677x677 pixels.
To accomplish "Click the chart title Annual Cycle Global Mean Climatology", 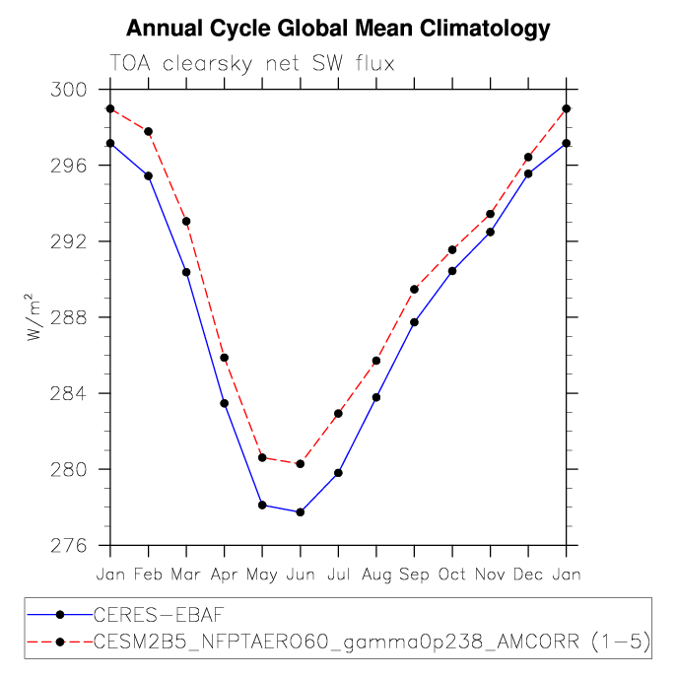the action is [338, 29].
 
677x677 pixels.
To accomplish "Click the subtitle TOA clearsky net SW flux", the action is [252, 63].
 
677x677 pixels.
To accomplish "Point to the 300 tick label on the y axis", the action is [69, 90].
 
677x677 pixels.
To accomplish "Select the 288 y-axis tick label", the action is [69, 317].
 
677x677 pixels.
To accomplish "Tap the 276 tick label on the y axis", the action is [69, 546].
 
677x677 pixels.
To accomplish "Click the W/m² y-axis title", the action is [33, 317].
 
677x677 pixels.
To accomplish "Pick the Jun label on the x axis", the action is [301, 575].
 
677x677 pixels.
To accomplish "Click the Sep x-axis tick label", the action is [414, 575].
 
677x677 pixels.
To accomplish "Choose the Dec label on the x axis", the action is [528, 575].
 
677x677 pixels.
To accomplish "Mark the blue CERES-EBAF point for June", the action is [301, 512].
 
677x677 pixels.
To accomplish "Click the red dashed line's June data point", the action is [301, 464].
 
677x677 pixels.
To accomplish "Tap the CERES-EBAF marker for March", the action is [186, 272].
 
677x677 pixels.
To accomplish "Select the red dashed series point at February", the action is [149, 131].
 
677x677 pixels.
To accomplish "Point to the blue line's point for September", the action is [415, 322].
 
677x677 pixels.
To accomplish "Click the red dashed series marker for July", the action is [339, 413].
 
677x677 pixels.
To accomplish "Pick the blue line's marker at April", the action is [225, 403].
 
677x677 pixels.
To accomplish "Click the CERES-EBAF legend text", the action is [159, 614].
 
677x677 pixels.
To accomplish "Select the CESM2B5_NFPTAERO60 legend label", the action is [372, 642].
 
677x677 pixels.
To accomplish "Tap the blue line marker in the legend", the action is [60, 614].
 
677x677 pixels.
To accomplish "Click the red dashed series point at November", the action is [491, 214].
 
